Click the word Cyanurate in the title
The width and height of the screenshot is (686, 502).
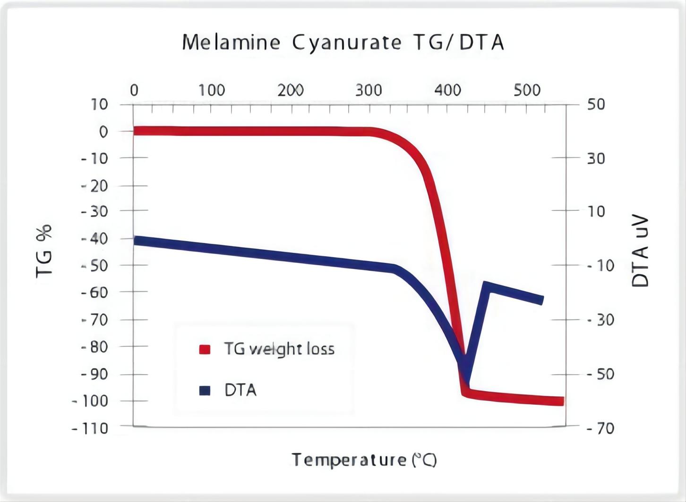pyautogui.click(x=346, y=43)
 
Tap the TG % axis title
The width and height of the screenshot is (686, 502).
pyautogui.click(x=44, y=251)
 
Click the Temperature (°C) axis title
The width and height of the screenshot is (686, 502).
pyautogui.click(x=364, y=460)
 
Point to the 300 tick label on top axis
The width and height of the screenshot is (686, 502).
pyautogui.click(x=369, y=90)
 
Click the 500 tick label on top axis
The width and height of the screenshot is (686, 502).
pyautogui.click(x=527, y=90)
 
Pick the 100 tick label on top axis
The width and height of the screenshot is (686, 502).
pyautogui.click(x=211, y=90)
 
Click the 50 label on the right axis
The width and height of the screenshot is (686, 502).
pyautogui.click(x=596, y=104)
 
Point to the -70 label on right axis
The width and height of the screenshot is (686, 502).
pyautogui.click(x=600, y=428)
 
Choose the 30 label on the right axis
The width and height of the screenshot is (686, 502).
pyautogui.click(x=596, y=159)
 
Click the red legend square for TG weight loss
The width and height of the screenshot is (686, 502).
pyautogui.click(x=205, y=350)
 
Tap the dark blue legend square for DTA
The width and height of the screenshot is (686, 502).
pyautogui.click(x=205, y=391)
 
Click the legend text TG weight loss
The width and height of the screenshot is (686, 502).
pyautogui.click(x=279, y=349)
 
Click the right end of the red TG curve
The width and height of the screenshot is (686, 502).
pyautogui.click(x=561, y=402)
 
